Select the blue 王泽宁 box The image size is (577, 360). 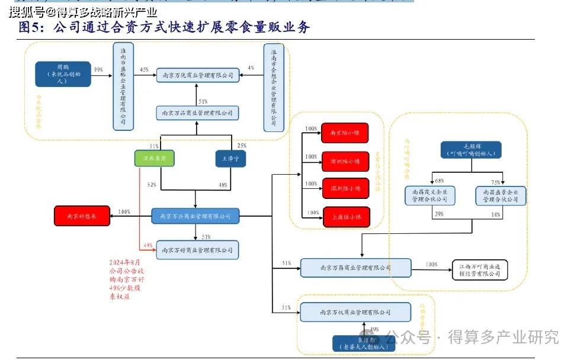tap(230, 158)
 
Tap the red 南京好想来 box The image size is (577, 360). tap(83, 216)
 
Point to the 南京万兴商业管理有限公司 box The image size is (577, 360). tap(195, 216)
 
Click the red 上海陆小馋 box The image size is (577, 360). tap(345, 217)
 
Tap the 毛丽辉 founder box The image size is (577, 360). tap(472, 150)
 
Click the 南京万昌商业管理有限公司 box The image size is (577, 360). tap(355, 268)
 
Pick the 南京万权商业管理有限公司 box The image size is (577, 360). tap(355, 312)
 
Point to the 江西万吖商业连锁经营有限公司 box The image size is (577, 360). tap(480, 269)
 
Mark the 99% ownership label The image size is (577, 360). tap(98, 70)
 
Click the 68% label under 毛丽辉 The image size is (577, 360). tap(439, 181)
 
